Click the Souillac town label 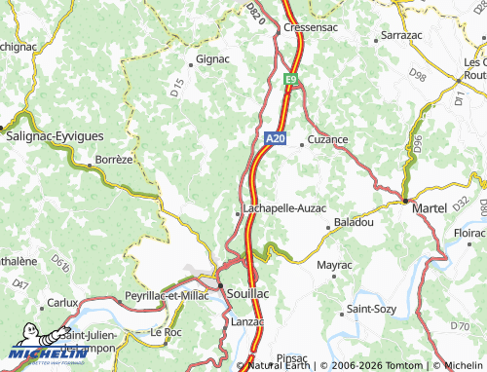click(x=252, y=291)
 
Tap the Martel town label click(x=431, y=209)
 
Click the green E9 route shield click(x=291, y=79)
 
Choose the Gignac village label click(x=212, y=58)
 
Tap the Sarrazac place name click(x=400, y=34)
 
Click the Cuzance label click(x=327, y=139)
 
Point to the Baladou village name click(x=354, y=223)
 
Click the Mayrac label click(x=334, y=264)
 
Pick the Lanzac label click(x=247, y=320)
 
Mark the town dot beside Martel click(x=405, y=201)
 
